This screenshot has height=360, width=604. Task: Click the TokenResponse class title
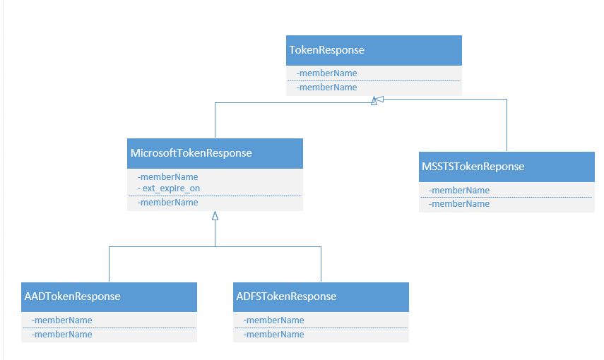tap(327, 50)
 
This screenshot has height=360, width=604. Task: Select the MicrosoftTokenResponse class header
tap(191, 153)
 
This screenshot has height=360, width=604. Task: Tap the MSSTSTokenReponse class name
tap(473, 167)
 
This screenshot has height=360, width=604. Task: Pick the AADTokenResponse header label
tap(73, 296)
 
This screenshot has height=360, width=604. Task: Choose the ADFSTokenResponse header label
tap(286, 296)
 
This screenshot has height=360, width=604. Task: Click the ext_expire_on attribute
tap(169, 188)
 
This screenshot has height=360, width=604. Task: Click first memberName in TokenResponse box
tap(327, 73)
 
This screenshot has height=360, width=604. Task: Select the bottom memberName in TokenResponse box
tap(327, 88)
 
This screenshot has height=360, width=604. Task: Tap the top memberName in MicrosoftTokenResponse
tap(168, 177)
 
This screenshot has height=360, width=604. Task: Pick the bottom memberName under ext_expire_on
tap(168, 203)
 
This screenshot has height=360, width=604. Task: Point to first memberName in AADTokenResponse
tap(62, 320)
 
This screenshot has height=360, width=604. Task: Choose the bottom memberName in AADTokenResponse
tap(62, 335)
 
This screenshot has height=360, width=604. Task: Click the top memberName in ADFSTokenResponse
tap(274, 320)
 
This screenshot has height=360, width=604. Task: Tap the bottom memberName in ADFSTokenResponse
tap(274, 335)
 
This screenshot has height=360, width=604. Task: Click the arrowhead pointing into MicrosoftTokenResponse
tap(215, 216)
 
